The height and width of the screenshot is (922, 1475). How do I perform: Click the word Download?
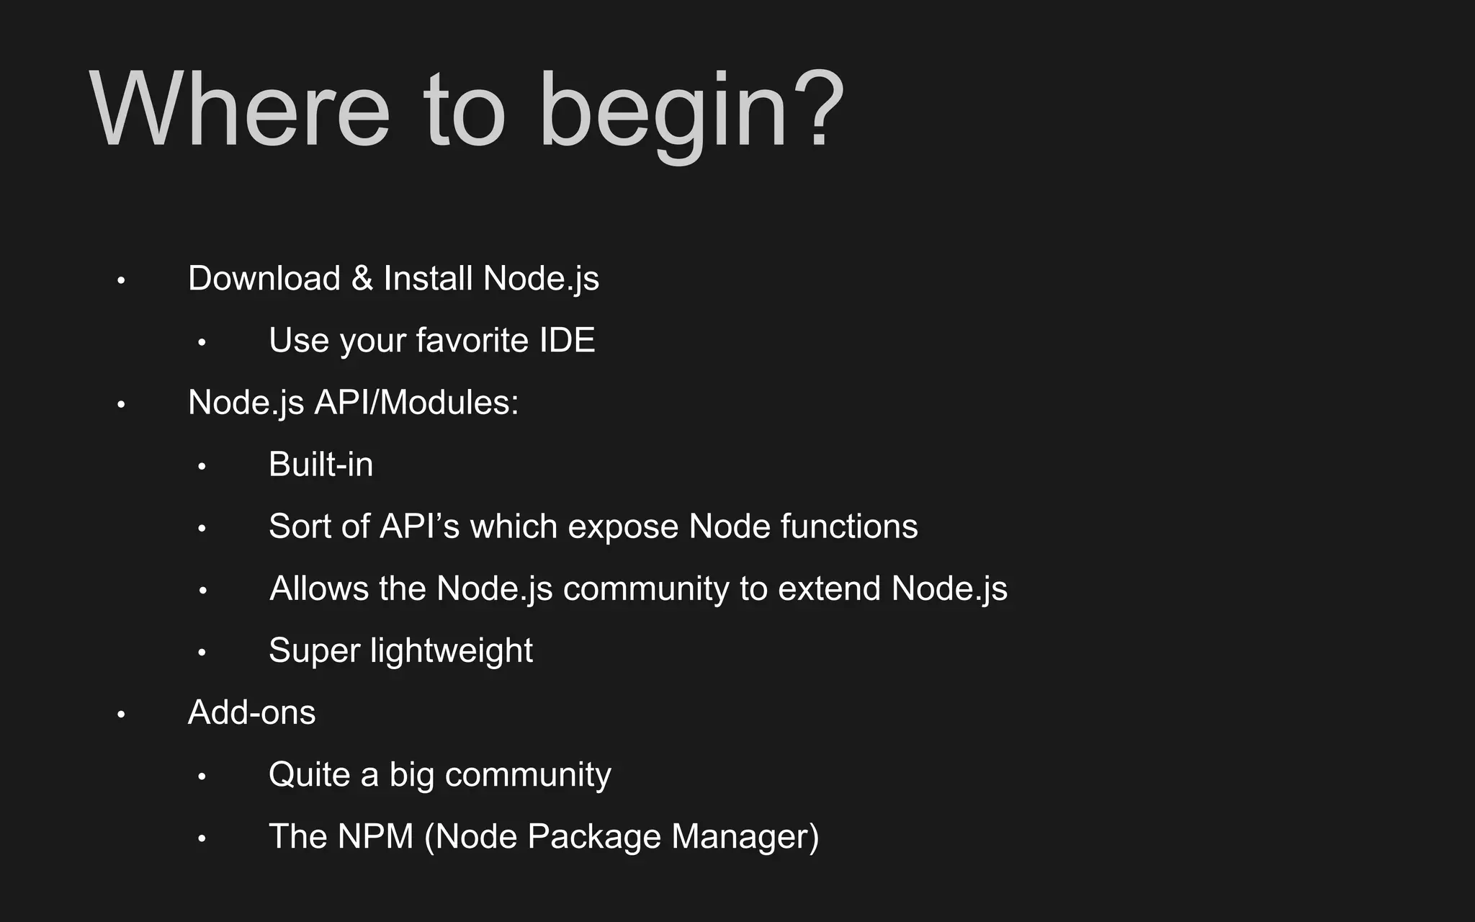pos(264,278)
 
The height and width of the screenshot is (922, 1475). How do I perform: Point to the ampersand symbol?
pos(362,279)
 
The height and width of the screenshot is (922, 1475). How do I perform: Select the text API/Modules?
pos(416,402)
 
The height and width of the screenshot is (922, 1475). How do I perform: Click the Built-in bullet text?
pos(320,465)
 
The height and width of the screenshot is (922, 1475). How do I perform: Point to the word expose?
pos(622,527)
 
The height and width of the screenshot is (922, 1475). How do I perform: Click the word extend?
pos(829,588)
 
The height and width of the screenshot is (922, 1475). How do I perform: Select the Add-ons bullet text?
pos(251,712)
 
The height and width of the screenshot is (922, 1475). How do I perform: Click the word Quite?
pos(309,775)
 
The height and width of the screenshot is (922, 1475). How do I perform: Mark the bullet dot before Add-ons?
pos(121,715)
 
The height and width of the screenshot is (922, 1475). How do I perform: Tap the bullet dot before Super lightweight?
pos(202,653)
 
